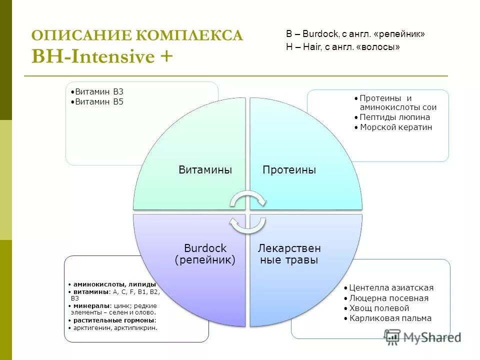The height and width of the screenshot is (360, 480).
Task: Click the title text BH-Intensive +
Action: pos(102,56)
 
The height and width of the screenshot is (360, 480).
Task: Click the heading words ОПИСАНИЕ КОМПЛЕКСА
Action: pos(137,35)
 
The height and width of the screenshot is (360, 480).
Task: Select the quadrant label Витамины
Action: pos(205,170)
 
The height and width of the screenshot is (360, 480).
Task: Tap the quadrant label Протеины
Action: pos(289,170)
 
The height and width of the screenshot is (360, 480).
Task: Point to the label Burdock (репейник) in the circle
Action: pos(205,254)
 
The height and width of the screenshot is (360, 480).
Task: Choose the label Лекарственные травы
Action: pos(289,254)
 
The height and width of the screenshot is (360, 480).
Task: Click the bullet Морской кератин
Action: pos(396,127)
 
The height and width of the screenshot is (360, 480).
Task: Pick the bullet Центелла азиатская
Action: pos(391,288)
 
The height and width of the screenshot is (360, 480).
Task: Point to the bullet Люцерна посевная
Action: pos(388,298)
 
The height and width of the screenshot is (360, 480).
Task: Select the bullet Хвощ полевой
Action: pos(379,308)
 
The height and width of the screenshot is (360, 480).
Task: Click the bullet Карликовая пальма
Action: pos(390,318)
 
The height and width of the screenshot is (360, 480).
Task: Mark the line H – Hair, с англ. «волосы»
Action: pos(343,46)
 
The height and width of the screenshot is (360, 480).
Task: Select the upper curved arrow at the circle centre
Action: pos(248,199)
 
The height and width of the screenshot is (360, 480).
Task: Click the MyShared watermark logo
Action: pos(422,337)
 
